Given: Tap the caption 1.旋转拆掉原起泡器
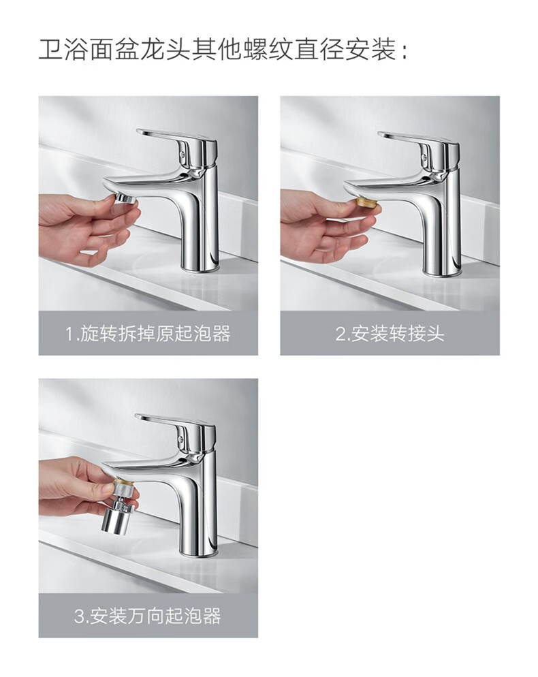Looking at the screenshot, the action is (x=148, y=333).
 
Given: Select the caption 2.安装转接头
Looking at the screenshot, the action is (x=390, y=333).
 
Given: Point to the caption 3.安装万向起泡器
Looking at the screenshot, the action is (x=148, y=615).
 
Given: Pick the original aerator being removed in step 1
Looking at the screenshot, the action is (x=126, y=200).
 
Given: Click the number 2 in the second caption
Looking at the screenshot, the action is (x=341, y=334).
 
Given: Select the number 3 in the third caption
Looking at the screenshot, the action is (x=79, y=616).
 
